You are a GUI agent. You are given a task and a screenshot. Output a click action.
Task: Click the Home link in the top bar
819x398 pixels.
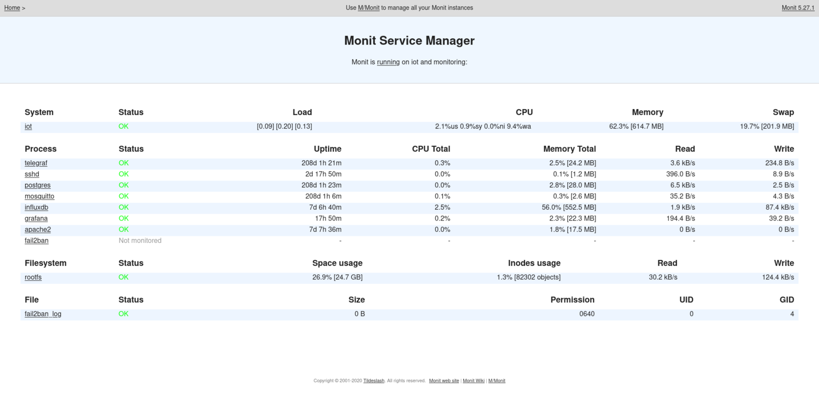pyautogui.click(x=12, y=8)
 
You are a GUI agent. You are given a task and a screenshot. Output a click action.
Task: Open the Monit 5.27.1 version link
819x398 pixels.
pyautogui.click(x=798, y=8)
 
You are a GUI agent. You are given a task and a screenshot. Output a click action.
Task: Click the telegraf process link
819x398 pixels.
pyautogui.click(x=36, y=163)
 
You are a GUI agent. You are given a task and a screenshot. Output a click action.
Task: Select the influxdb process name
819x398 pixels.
pyautogui.click(x=36, y=207)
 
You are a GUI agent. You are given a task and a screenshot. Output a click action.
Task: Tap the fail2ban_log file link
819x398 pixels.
pyautogui.click(x=43, y=314)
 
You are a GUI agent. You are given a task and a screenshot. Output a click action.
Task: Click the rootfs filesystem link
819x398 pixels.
pyautogui.click(x=33, y=277)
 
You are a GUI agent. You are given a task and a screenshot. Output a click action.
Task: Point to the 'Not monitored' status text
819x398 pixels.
pyautogui.click(x=140, y=240)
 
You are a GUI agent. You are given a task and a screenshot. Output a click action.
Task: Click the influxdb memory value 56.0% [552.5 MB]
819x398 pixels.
pyautogui.click(x=569, y=207)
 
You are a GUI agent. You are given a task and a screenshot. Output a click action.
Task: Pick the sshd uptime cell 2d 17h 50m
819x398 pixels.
pyautogui.click(x=323, y=174)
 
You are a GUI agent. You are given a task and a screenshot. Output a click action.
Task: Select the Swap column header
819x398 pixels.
pyautogui.click(x=783, y=112)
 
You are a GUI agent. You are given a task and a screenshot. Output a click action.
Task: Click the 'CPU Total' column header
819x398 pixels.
pyautogui.click(x=430, y=149)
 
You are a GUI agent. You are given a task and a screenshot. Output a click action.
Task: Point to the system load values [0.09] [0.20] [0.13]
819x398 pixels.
pyautogui.click(x=284, y=126)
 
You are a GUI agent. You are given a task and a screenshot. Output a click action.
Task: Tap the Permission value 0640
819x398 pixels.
pyautogui.click(x=587, y=314)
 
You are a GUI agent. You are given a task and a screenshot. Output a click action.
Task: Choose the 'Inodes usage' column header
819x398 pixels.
pyautogui.click(x=534, y=263)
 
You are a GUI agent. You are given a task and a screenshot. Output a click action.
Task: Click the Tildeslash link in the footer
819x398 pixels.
pyautogui.click(x=374, y=381)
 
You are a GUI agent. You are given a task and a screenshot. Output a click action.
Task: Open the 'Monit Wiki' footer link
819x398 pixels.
pyautogui.click(x=473, y=381)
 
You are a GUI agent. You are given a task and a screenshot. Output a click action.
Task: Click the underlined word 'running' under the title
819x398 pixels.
pyautogui.click(x=389, y=62)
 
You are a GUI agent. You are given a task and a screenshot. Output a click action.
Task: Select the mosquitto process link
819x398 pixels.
pyautogui.click(x=39, y=196)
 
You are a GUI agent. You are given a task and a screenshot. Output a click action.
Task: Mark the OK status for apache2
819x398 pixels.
pyautogui.click(x=123, y=230)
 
